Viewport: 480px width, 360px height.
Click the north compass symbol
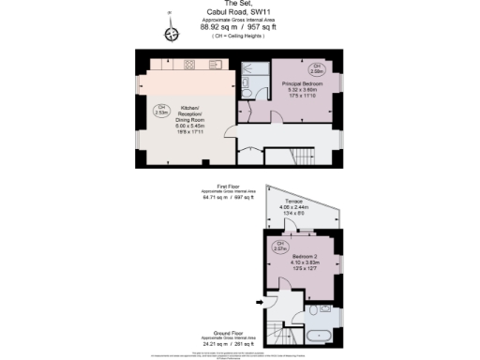(x=171, y=34)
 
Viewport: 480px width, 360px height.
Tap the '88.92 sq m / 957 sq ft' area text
(x=239, y=27)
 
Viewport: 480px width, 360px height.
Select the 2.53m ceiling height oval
(x=160, y=109)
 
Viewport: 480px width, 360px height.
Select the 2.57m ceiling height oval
(x=279, y=247)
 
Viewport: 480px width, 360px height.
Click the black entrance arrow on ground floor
(x=260, y=302)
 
